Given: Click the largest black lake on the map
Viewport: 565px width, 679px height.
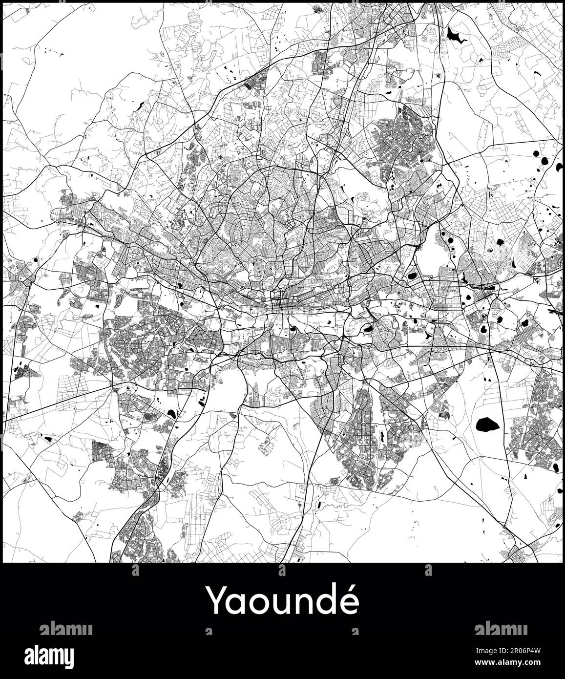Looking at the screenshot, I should [487, 424].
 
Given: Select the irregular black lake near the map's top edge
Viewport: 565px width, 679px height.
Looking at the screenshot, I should [455, 35].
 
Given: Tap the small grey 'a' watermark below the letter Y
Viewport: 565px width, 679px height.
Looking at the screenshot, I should [209, 632].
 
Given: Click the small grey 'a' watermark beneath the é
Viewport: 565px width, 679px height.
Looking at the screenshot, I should [355, 632].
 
